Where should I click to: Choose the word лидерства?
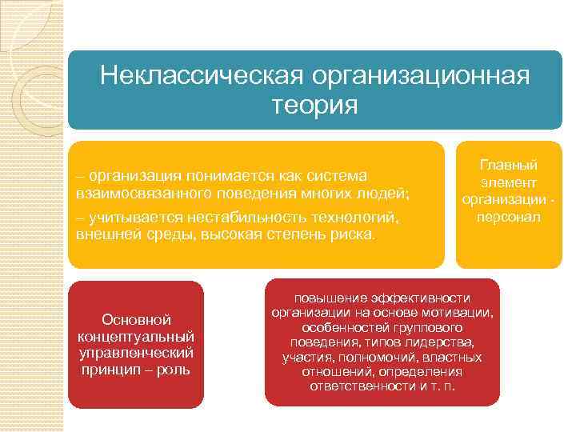[x=450, y=342]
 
